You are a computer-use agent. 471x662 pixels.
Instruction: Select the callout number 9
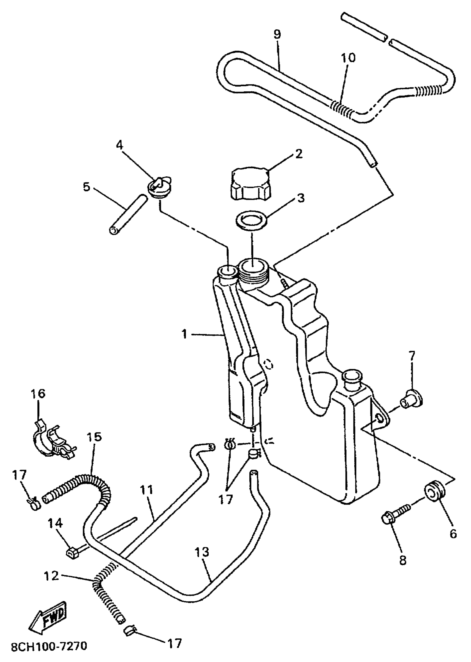pyautogui.click(x=277, y=35)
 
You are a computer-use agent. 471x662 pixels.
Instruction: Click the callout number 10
pyautogui.click(x=348, y=58)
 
